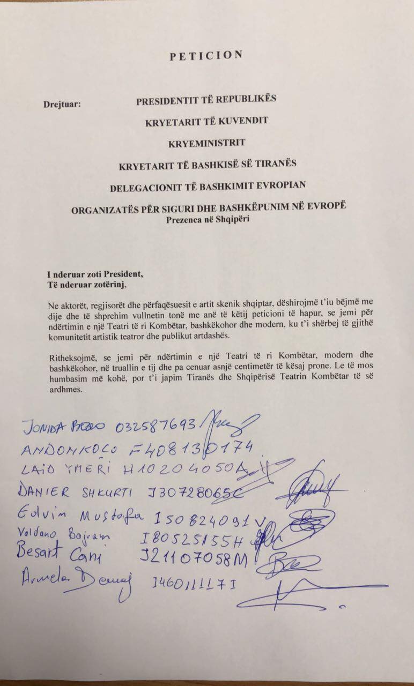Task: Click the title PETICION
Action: (x=206, y=56)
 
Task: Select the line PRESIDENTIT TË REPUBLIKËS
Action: (x=206, y=100)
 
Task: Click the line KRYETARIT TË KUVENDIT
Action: (x=206, y=122)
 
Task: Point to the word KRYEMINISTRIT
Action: (x=206, y=143)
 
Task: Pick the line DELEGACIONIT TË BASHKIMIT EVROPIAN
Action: (x=207, y=187)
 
